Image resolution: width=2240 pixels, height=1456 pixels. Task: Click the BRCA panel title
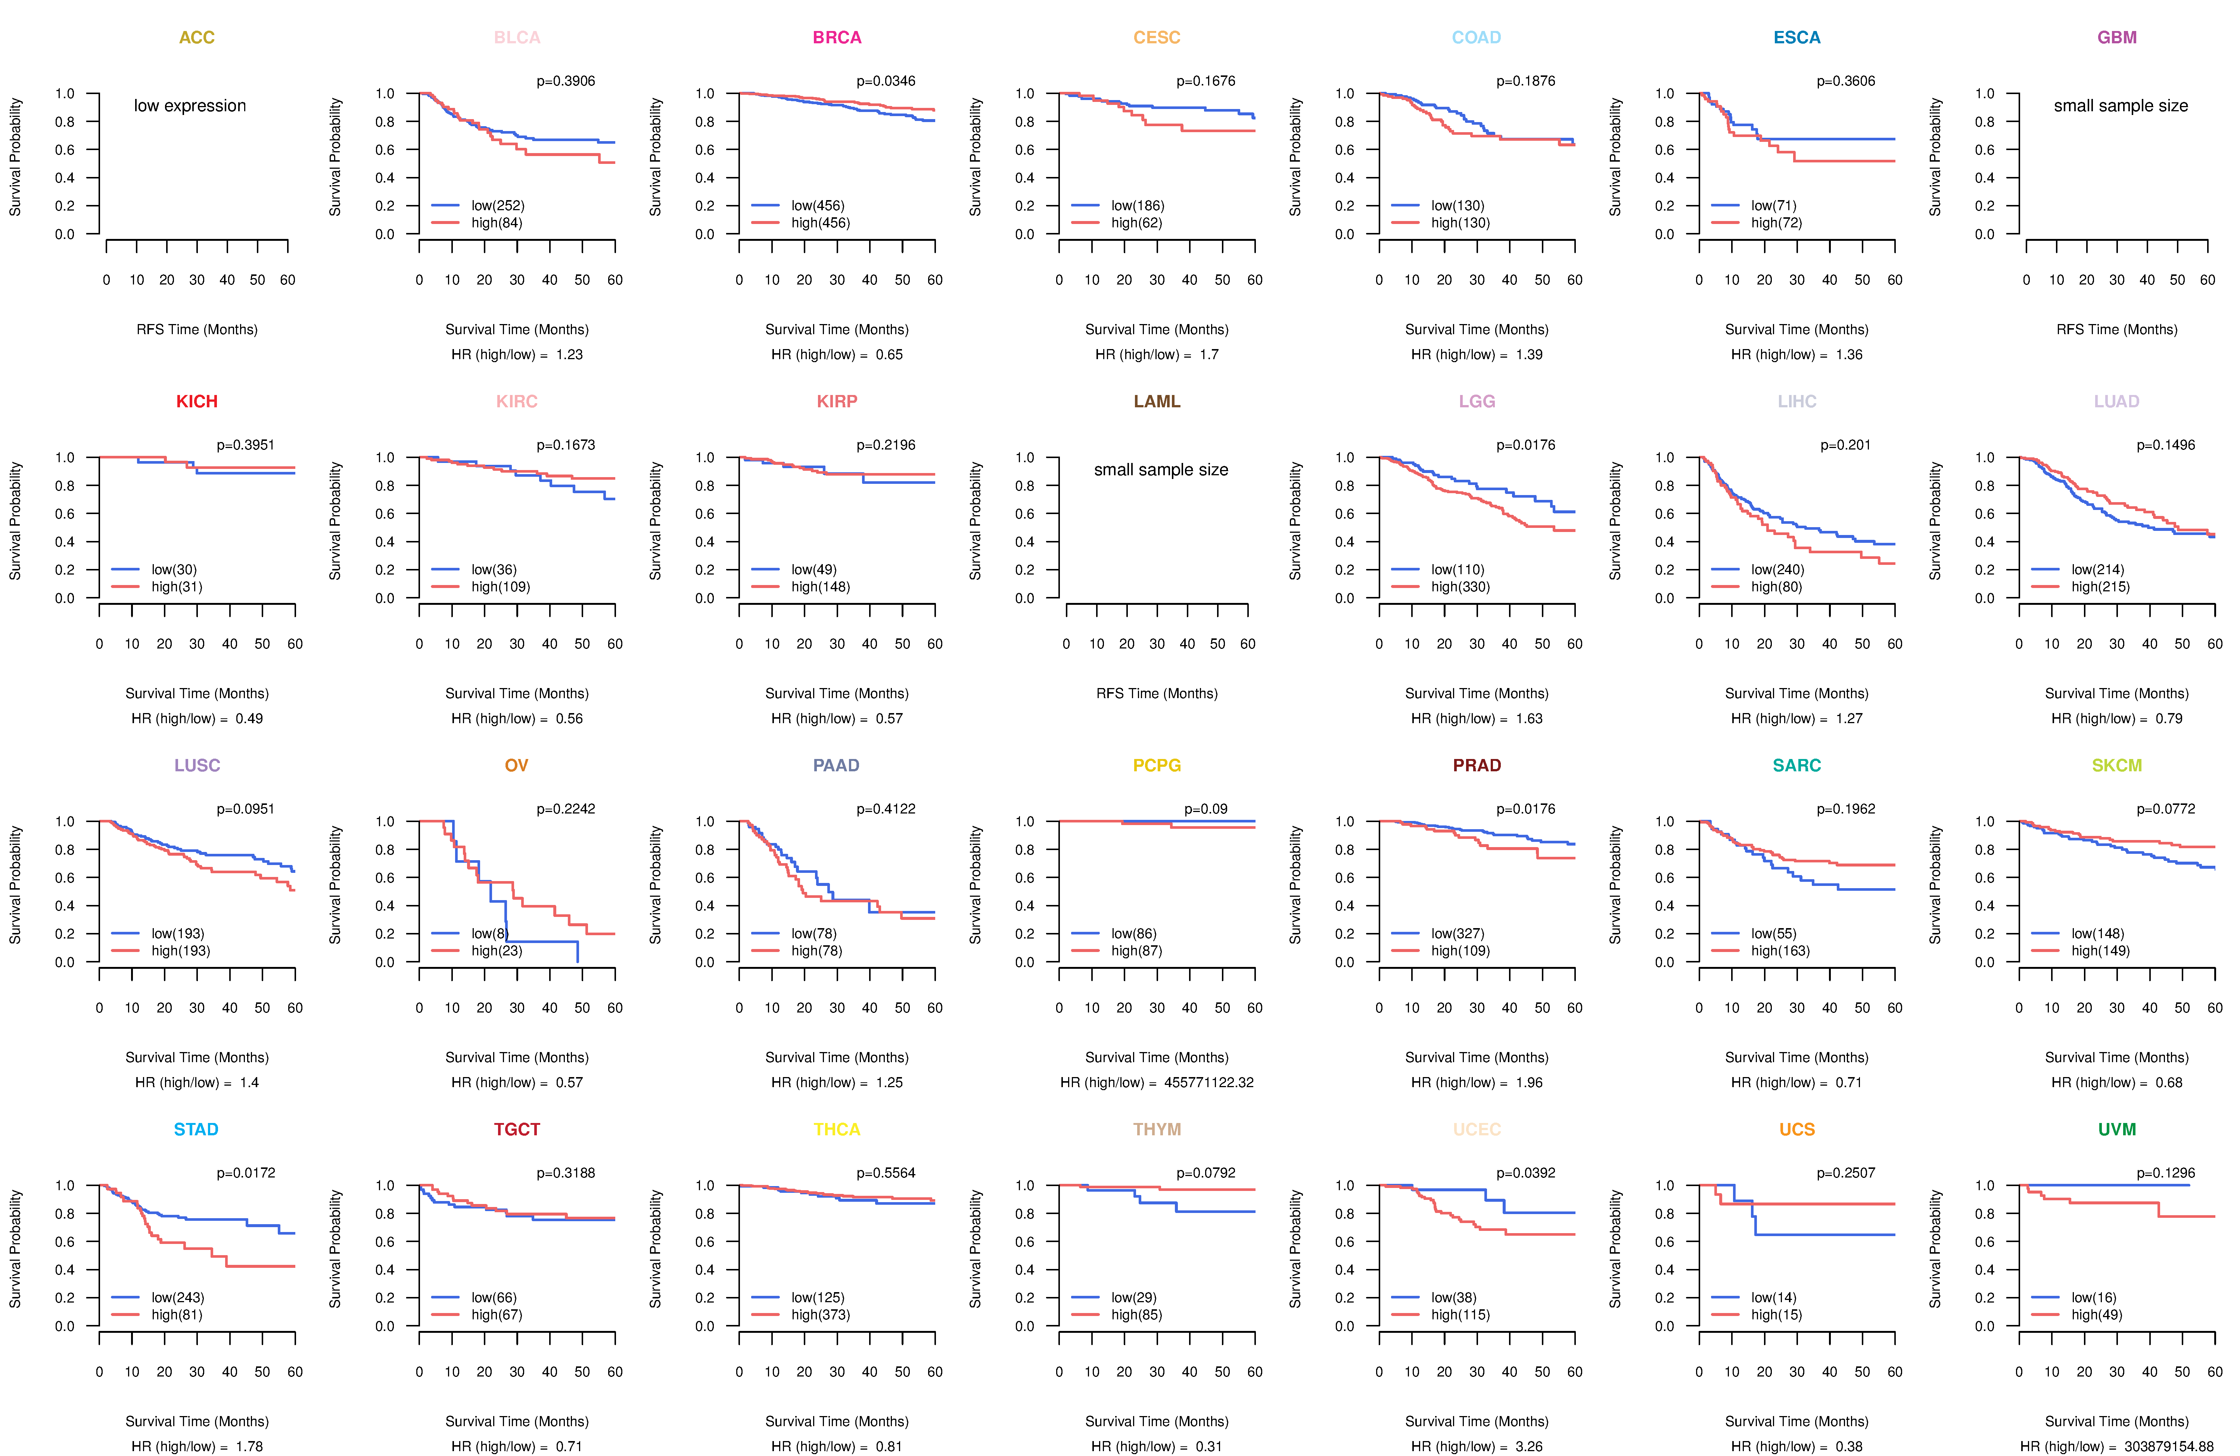(837, 38)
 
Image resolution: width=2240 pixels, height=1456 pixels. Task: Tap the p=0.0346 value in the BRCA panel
(886, 81)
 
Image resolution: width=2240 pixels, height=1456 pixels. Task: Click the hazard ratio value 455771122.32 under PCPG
(1208, 1082)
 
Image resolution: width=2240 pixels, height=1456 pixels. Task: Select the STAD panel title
(196, 1129)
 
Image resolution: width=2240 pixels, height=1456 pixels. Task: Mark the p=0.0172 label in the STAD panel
(246, 1173)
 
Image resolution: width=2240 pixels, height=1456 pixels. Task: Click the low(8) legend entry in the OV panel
(489, 934)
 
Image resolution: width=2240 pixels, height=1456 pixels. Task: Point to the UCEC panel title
(1477, 1129)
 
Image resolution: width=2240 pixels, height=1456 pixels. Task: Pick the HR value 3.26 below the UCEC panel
(1530, 1447)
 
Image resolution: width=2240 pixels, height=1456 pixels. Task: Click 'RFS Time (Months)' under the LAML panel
(1157, 694)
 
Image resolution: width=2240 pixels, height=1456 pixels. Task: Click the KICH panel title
(197, 402)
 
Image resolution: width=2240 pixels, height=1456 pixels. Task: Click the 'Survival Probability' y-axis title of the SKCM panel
(1935, 885)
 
